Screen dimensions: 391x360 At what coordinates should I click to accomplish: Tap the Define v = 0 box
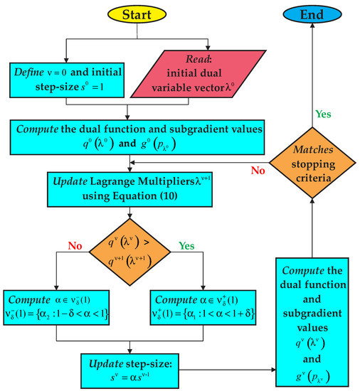click(66, 80)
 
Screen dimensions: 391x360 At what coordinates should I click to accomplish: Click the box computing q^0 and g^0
click(131, 137)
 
